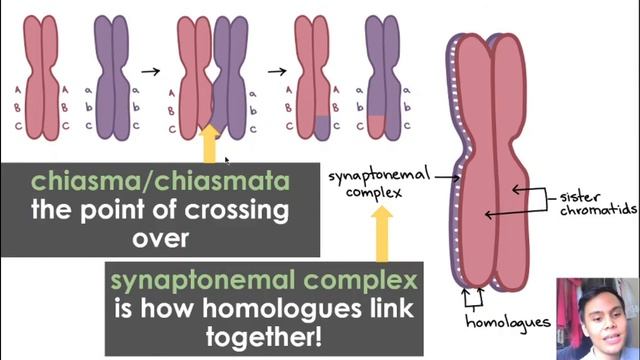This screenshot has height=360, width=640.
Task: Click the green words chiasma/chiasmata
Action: [160, 182]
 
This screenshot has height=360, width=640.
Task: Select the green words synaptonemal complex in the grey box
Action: [264, 280]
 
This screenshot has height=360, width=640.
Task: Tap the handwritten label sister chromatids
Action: [598, 203]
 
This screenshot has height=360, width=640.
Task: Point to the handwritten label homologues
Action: [508, 322]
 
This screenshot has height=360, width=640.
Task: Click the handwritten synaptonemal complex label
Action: [379, 184]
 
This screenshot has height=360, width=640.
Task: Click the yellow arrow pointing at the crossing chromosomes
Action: [210, 144]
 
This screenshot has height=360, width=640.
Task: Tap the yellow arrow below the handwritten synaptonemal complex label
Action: [382, 233]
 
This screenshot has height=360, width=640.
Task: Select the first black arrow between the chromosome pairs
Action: [151, 72]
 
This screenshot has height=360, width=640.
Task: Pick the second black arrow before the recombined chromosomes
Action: [277, 72]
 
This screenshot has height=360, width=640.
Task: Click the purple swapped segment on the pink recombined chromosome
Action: [322, 127]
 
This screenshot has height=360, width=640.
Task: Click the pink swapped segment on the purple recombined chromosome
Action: [376, 126]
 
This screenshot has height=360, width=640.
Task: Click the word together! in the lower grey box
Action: [263, 337]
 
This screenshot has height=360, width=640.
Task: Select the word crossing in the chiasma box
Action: [237, 210]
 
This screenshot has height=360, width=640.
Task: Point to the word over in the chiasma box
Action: [160, 239]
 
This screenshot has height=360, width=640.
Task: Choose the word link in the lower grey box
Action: [392, 308]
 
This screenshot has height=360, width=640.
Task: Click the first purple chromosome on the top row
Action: [111, 78]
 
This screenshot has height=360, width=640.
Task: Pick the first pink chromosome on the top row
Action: [41, 78]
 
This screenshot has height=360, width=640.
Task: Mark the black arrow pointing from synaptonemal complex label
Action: [447, 178]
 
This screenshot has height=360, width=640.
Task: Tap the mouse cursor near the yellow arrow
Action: [227, 161]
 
